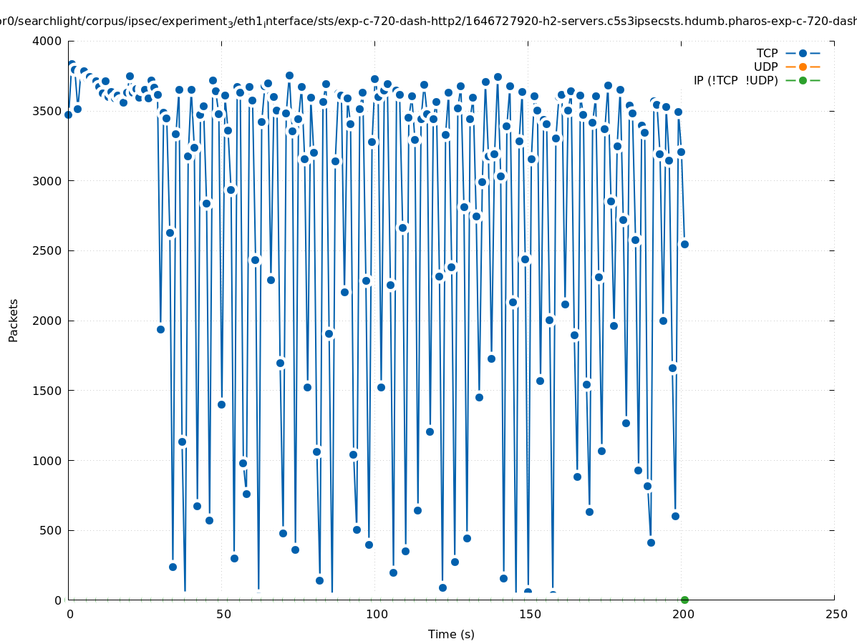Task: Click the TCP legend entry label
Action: (x=767, y=53)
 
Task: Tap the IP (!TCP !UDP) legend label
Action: (x=735, y=80)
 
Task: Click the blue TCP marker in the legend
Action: (x=803, y=53)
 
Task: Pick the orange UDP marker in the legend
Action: (x=803, y=67)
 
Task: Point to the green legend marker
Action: (x=803, y=80)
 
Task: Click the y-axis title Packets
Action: (x=14, y=320)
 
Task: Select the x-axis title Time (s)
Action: (x=451, y=634)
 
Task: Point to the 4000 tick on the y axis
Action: (x=47, y=41)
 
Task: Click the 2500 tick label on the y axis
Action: (x=47, y=250)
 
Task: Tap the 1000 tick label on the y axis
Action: (x=47, y=460)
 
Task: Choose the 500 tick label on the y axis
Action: (x=50, y=530)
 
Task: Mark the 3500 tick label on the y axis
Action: (x=47, y=111)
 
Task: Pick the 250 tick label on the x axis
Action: (x=835, y=614)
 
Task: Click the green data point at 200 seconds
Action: (x=684, y=600)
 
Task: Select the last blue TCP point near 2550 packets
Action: (x=684, y=244)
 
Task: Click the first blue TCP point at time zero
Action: (x=69, y=114)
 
